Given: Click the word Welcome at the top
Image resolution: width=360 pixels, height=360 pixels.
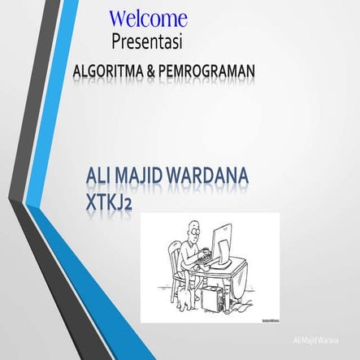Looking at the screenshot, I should tap(148, 18).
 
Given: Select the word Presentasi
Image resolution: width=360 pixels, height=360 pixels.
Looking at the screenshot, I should tap(148, 39).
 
